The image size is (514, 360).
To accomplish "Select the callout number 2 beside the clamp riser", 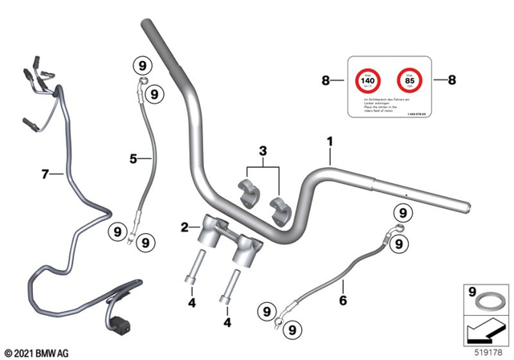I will tap(184, 228).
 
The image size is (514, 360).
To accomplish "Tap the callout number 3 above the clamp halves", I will tap(261, 151).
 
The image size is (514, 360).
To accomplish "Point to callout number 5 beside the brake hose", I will tap(135, 159).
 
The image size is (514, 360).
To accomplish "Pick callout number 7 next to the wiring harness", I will tap(47, 173).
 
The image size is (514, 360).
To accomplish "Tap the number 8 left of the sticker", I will tap(325, 80).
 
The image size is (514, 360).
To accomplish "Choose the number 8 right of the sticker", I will tap(451, 80).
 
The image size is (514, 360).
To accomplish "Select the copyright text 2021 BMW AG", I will tap(37, 352).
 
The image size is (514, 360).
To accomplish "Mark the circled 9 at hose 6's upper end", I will tap(401, 211).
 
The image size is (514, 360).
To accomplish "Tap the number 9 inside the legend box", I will tap(471, 292).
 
